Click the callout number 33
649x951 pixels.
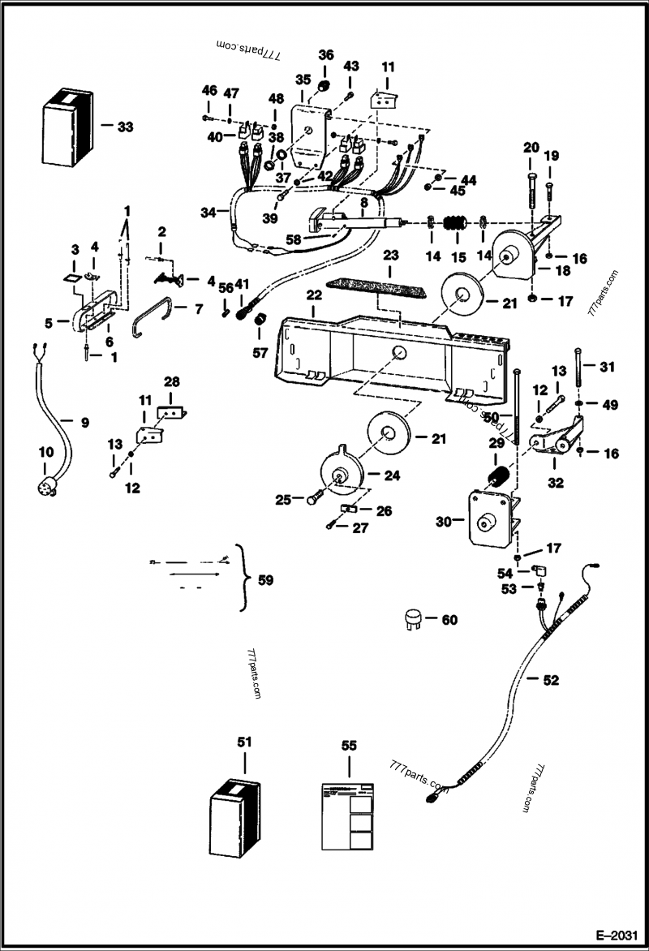(x=124, y=127)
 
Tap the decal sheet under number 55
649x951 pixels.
(x=349, y=815)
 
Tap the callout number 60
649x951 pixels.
(x=449, y=620)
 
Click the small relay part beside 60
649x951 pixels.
(x=415, y=620)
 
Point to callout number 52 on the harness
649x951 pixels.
(x=551, y=680)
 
